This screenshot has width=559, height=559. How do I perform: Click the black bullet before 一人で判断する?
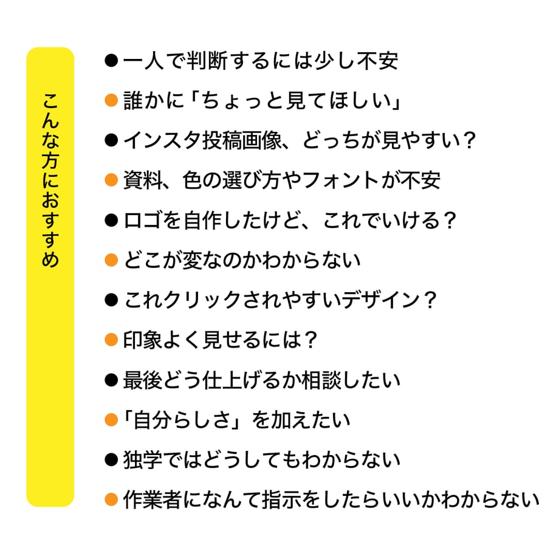(111, 61)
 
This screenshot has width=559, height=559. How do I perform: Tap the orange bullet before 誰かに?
(111, 100)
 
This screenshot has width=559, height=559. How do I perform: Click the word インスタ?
(163, 140)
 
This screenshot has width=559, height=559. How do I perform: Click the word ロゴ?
(143, 221)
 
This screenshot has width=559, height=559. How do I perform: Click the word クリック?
(202, 300)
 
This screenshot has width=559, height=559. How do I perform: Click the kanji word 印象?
(143, 340)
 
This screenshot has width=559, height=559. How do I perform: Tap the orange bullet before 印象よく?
(111, 340)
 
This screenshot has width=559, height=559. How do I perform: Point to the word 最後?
(143, 380)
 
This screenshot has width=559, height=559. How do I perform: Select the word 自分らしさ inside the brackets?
(182, 420)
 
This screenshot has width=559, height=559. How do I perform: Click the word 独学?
(143, 459)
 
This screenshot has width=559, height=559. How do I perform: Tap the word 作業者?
(153, 499)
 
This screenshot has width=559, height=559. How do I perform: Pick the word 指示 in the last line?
(281, 499)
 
